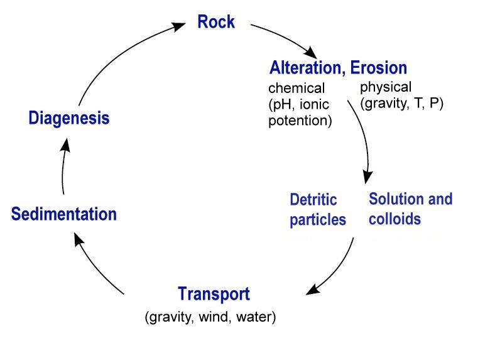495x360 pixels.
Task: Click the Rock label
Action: pyautogui.click(x=215, y=23)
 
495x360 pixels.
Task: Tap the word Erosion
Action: pyautogui.click(x=379, y=67)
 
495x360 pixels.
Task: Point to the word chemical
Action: pyautogui.click(x=296, y=89)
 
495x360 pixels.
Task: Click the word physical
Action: pyautogui.click(x=386, y=87)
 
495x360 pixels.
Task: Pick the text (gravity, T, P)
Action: pyautogui.click(x=402, y=103)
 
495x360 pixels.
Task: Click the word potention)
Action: pyautogui.click(x=300, y=120)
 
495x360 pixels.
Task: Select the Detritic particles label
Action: pyautogui.click(x=317, y=210)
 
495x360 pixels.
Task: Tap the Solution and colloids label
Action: pyautogui.click(x=410, y=209)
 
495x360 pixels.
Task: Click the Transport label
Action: pyautogui.click(x=214, y=294)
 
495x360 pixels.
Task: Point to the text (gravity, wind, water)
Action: pyautogui.click(x=210, y=316)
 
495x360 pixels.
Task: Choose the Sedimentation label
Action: pyautogui.click(x=64, y=214)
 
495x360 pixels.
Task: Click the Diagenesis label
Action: pyautogui.click(x=69, y=118)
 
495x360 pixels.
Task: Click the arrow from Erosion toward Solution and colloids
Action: pyautogui.click(x=363, y=138)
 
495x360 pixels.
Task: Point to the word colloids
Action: pyautogui.click(x=394, y=220)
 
